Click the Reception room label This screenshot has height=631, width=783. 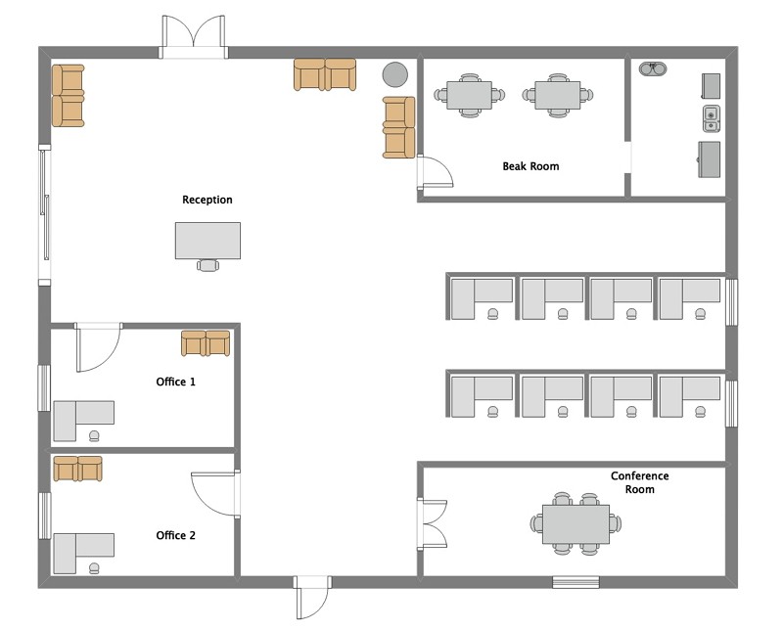(207, 200)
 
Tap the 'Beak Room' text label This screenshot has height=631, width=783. (530, 166)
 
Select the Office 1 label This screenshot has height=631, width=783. (176, 382)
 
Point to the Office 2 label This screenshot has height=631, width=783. (176, 535)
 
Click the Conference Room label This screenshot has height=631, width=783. (639, 482)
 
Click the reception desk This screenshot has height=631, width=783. (207, 240)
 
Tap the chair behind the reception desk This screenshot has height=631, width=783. (207, 264)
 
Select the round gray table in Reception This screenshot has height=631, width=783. (394, 74)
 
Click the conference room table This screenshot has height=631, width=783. (576, 524)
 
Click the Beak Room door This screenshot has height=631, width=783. (434, 173)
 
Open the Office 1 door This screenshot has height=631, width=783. (98, 346)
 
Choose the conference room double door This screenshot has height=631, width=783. (434, 523)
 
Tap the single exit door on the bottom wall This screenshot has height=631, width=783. (314, 597)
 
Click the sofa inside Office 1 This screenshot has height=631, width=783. (206, 342)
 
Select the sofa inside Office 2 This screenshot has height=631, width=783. (77, 469)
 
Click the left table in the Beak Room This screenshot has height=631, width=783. (470, 95)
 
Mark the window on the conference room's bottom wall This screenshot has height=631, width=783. (576, 582)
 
